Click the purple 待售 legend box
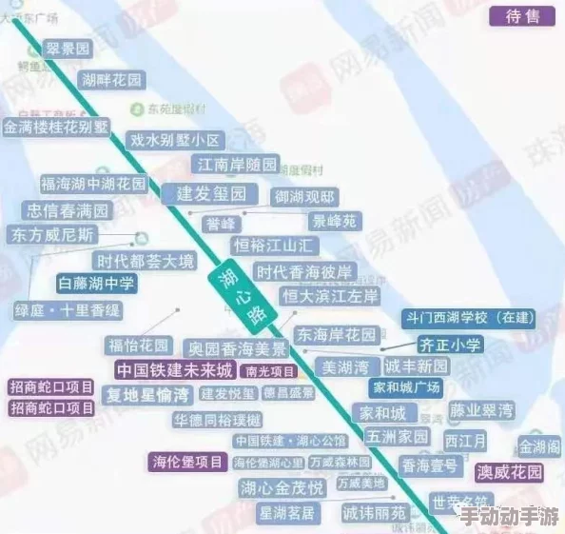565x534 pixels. tap(522, 16)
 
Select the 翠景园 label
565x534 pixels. tap(68, 49)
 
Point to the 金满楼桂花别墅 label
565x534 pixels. tap(57, 126)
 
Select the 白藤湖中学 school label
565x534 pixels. tap(97, 283)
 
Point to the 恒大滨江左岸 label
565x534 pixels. tap(330, 296)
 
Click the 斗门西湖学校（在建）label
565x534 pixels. tap(469, 318)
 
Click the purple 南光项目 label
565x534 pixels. tap(270, 370)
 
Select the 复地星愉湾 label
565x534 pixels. tap(147, 394)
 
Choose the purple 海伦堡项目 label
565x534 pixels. tap(187, 462)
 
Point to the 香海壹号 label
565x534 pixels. tap(430, 465)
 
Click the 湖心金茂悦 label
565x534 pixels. tap(282, 488)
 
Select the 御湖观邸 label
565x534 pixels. tap(304, 197)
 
